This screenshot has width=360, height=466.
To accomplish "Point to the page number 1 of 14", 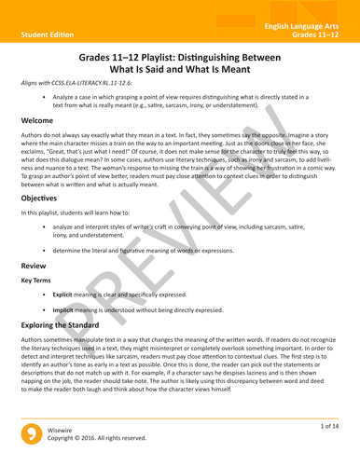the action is [x=327, y=425].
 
